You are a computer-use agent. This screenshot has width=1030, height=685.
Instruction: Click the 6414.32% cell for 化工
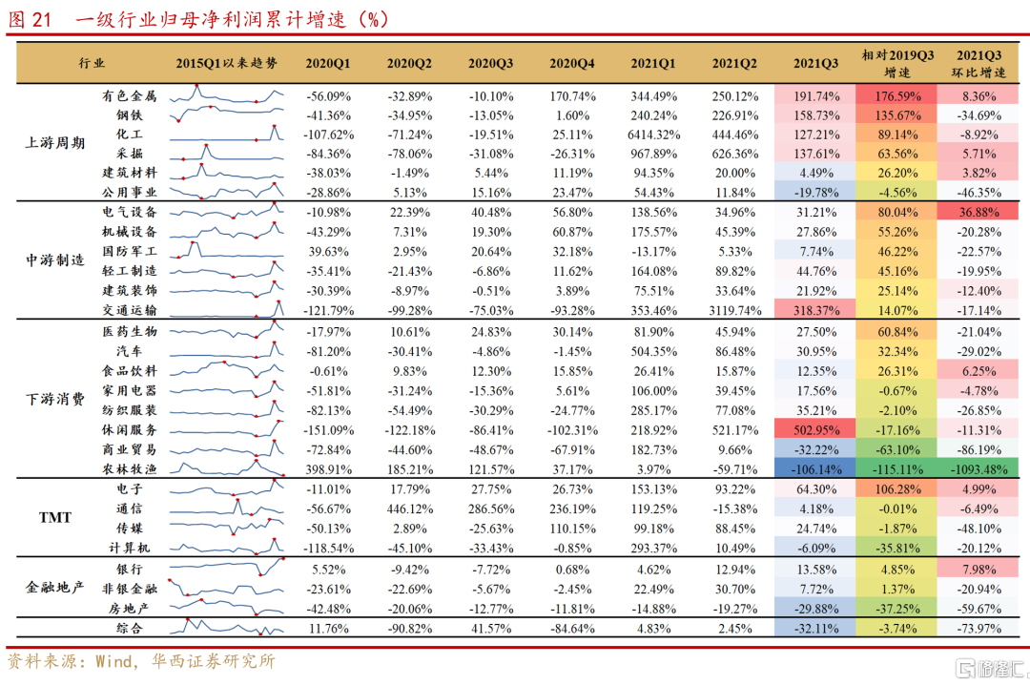tap(653, 135)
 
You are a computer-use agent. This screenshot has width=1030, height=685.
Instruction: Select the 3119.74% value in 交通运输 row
tap(734, 311)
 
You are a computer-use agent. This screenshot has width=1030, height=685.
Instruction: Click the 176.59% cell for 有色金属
tap(896, 95)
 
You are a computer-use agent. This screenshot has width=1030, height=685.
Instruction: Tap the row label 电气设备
tap(130, 212)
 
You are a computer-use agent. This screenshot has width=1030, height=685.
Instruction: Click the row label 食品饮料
tap(130, 370)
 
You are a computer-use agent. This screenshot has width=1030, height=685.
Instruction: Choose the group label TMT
tap(54, 518)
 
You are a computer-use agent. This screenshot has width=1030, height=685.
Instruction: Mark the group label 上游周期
tap(54, 143)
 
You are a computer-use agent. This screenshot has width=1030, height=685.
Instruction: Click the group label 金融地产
tap(54, 587)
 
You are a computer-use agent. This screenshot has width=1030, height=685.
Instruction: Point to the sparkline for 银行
tap(227, 568)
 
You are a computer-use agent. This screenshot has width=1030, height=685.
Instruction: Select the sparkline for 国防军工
tap(227, 251)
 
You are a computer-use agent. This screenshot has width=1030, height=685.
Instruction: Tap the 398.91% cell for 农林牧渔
tap(328, 468)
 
